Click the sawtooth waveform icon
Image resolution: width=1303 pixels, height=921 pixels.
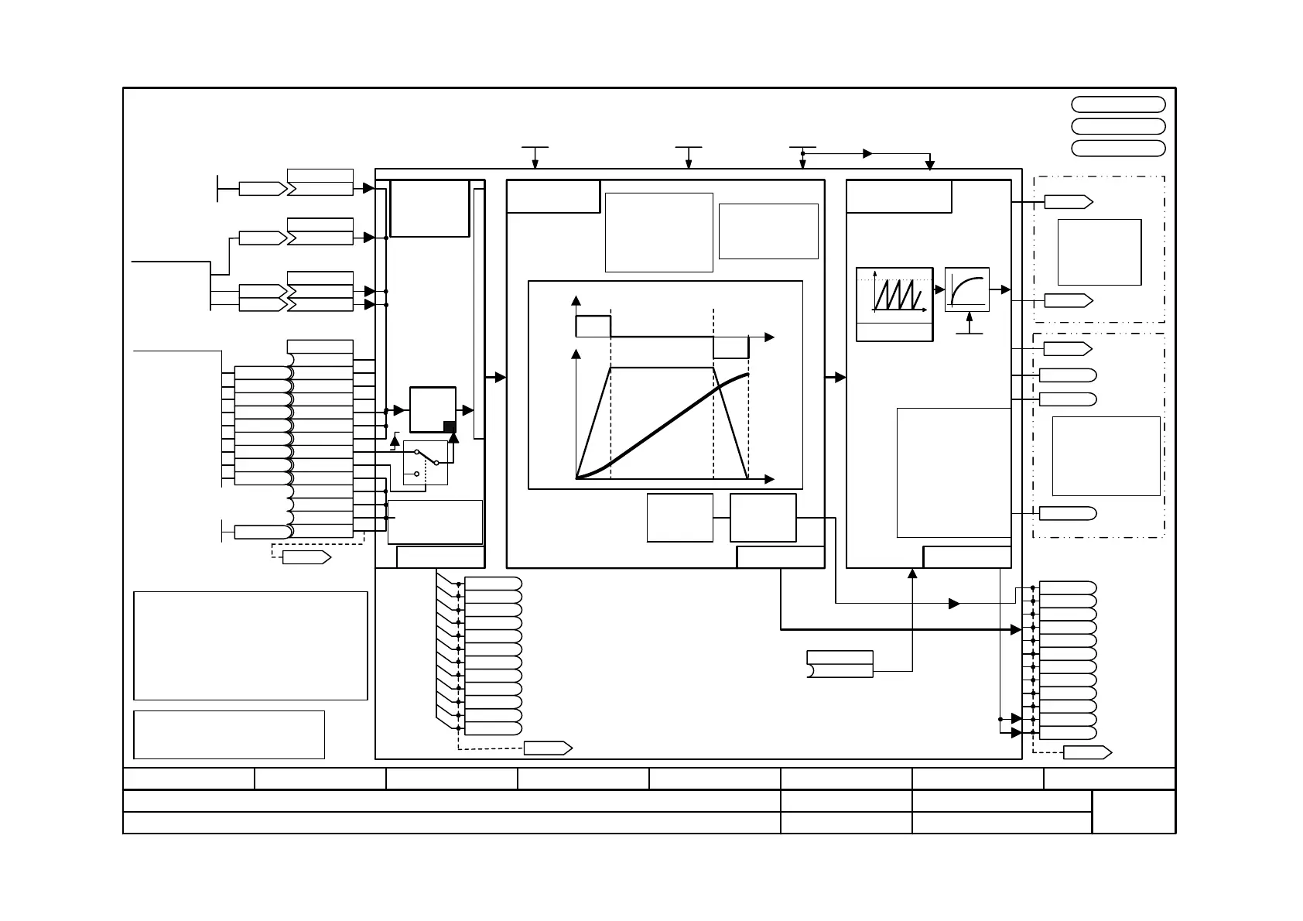click(894, 293)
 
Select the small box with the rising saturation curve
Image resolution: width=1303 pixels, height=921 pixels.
click(967, 289)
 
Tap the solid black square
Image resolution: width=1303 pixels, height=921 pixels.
click(450, 426)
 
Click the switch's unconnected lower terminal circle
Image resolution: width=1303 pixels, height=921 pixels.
click(417, 474)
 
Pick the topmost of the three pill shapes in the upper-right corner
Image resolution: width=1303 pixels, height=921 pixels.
click(1118, 104)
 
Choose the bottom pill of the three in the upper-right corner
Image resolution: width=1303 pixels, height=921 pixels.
click(1118, 148)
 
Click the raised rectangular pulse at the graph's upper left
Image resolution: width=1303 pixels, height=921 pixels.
click(593, 327)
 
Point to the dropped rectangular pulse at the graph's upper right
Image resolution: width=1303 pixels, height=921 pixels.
click(730, 348)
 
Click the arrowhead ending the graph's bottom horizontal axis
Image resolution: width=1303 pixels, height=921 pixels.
click(769, 479)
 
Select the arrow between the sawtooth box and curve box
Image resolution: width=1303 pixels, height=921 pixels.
click(939, 289)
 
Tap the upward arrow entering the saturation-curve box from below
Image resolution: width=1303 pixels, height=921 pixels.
click(970, 317)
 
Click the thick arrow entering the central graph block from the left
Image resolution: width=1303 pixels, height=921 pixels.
click(499, 377)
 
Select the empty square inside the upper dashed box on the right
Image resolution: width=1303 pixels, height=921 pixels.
click(1099, 252)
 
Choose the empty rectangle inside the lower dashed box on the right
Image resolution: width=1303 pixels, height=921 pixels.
click(1106, 456)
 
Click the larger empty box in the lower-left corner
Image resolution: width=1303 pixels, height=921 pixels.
click(250, 645)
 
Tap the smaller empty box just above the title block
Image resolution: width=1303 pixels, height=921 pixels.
click(228, 734)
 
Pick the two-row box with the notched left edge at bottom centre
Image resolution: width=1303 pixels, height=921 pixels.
click(840, 664)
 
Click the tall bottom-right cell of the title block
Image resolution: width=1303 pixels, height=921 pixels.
click(1134, 811)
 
